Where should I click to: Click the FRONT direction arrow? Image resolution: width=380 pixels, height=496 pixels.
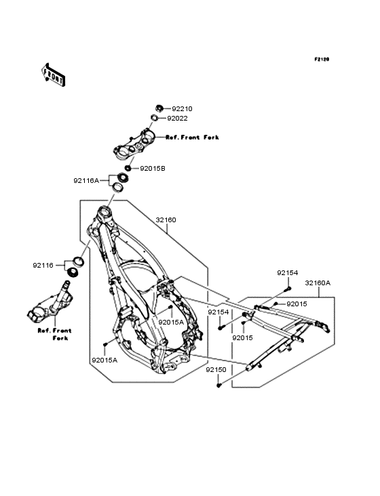[53, 75]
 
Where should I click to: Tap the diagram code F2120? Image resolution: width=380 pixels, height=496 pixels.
[322, 59]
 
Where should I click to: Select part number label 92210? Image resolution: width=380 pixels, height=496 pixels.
[182, 109]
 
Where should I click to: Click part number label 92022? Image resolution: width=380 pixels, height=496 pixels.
[177, 119]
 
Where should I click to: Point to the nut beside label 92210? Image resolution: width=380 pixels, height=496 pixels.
[159, 108]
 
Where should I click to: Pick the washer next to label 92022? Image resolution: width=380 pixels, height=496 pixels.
[154, 118]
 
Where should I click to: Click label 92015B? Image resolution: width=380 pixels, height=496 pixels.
[153, 169]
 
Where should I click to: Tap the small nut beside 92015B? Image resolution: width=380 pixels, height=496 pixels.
[128, 168]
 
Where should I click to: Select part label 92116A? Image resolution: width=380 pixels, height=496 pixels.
[86, 181]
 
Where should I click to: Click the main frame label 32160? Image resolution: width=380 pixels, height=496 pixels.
[166, 220]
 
